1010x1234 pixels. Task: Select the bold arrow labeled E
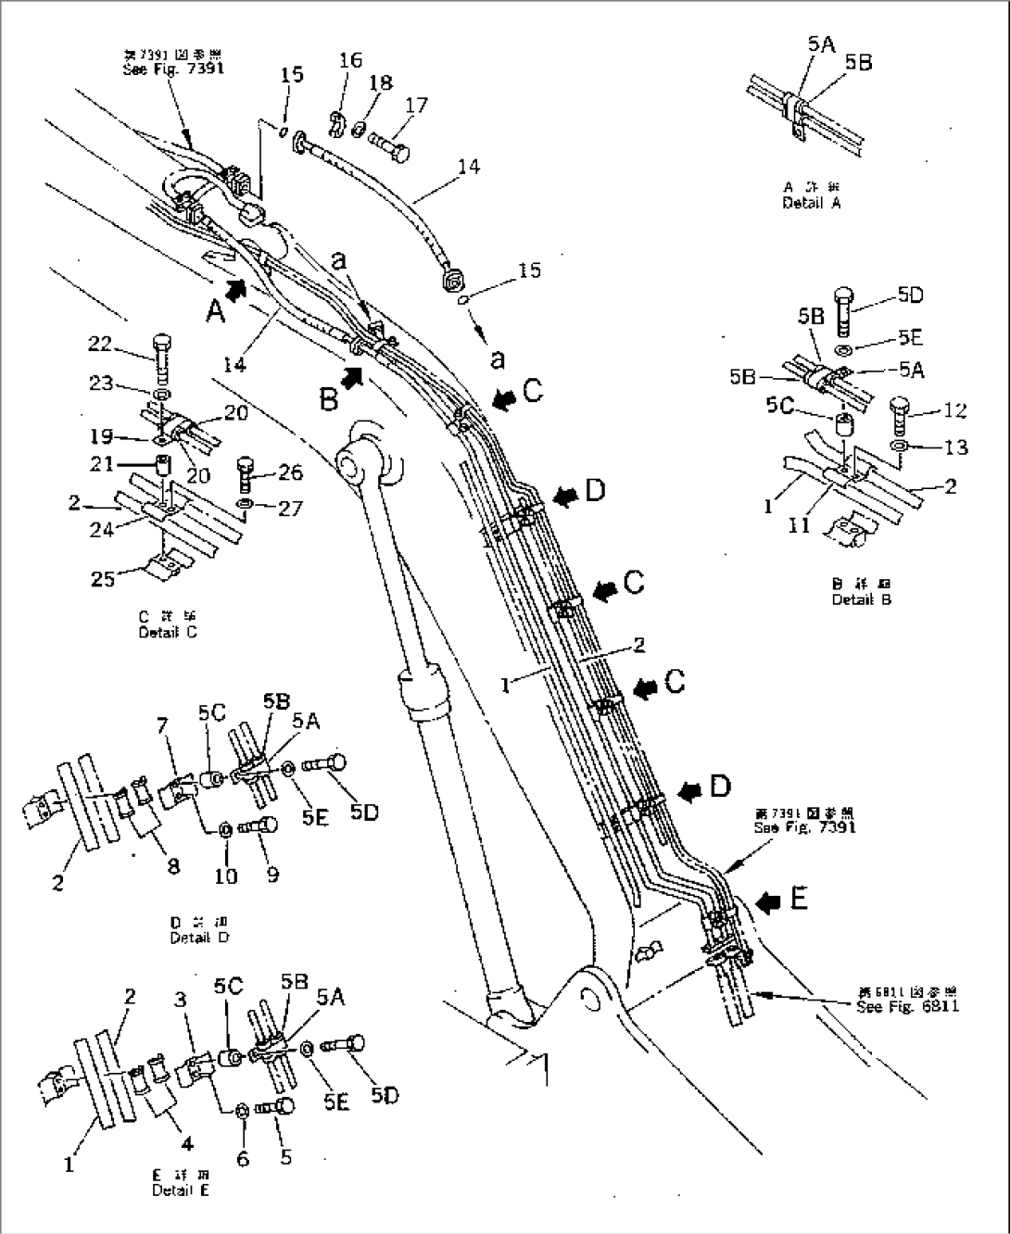point(767,901)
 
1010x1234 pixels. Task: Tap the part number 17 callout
point(416,106)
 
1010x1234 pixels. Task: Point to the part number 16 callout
point(350,61)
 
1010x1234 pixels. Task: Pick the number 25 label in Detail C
point(102,578)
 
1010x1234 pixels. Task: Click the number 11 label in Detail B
point(799,525)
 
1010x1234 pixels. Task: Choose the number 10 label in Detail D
point(226,875)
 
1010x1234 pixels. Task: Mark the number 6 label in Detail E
point(243,1158)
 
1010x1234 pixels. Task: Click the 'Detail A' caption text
point(811,202)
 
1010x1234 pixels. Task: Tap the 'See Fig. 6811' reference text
point(907,1006)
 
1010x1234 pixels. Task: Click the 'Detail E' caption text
point(181,1190)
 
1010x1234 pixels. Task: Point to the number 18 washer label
point(381,82)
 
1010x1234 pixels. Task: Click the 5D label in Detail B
point(910,296)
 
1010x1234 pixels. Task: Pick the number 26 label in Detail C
point(289,473)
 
